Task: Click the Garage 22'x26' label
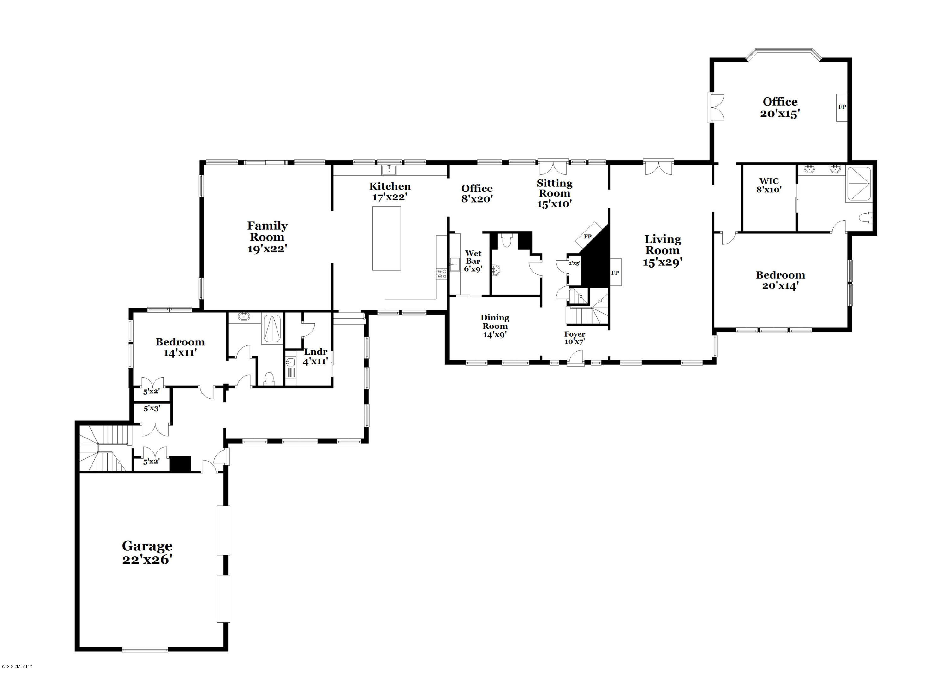pos(147,552)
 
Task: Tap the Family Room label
pos(267,237)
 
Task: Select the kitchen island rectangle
pos(386,238)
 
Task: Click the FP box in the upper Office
pos(842,107)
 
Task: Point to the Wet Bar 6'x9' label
pos(473,261)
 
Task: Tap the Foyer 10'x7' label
pos(575,338)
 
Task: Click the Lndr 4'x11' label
pos(315,356)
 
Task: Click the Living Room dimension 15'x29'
pos(663,262)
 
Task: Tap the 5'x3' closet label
pos(152,409)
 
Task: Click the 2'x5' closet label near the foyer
pos(575,263)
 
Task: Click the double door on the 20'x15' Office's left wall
pos(717,107)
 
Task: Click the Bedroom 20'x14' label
pos(780,280)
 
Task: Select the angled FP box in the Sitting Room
pos(588,236)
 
